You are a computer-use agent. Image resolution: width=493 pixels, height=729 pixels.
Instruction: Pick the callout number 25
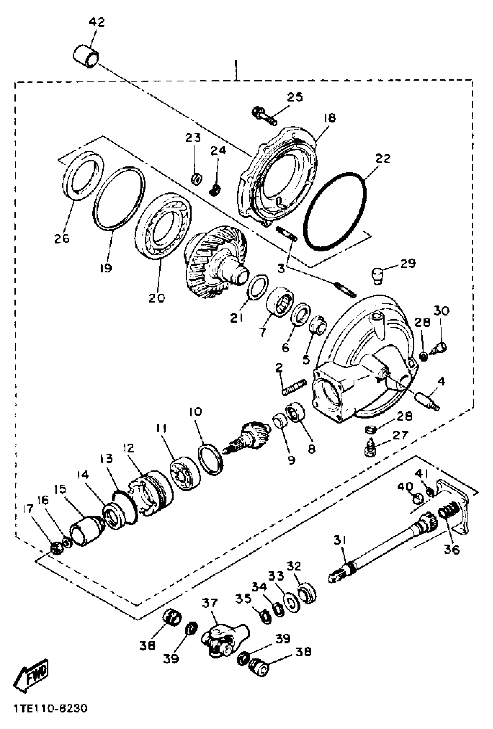[x=295, y=97]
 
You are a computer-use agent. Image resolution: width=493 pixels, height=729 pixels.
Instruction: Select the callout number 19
[x=106, y=268]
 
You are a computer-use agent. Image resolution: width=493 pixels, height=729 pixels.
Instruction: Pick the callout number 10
[x=196, y=412]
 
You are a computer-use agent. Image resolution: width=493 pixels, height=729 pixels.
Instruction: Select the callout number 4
[x=441, y=382]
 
